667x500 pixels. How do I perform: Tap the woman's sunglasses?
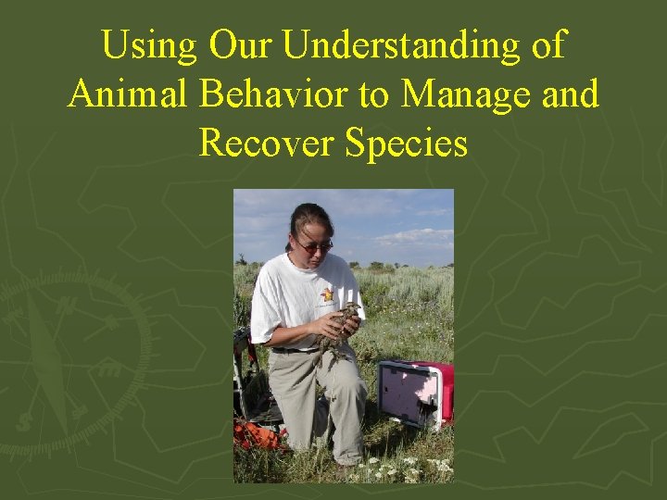[x=315, y=244]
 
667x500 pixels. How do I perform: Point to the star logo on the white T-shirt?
[x=326, y=295]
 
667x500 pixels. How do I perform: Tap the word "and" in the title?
[x=570, y=94]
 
